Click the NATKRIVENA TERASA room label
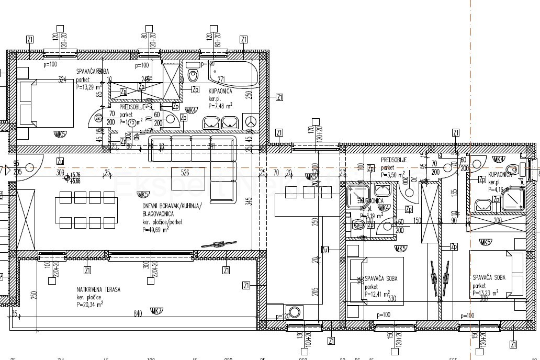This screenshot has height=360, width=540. click(98, 289)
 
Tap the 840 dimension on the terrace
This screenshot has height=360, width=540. click(138, 313)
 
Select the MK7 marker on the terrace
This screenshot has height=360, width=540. click(156, 311)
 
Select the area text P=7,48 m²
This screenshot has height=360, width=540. click(220, 105)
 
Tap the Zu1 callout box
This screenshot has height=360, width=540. click(325, 249)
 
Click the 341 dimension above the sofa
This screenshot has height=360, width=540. click(212, 145)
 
